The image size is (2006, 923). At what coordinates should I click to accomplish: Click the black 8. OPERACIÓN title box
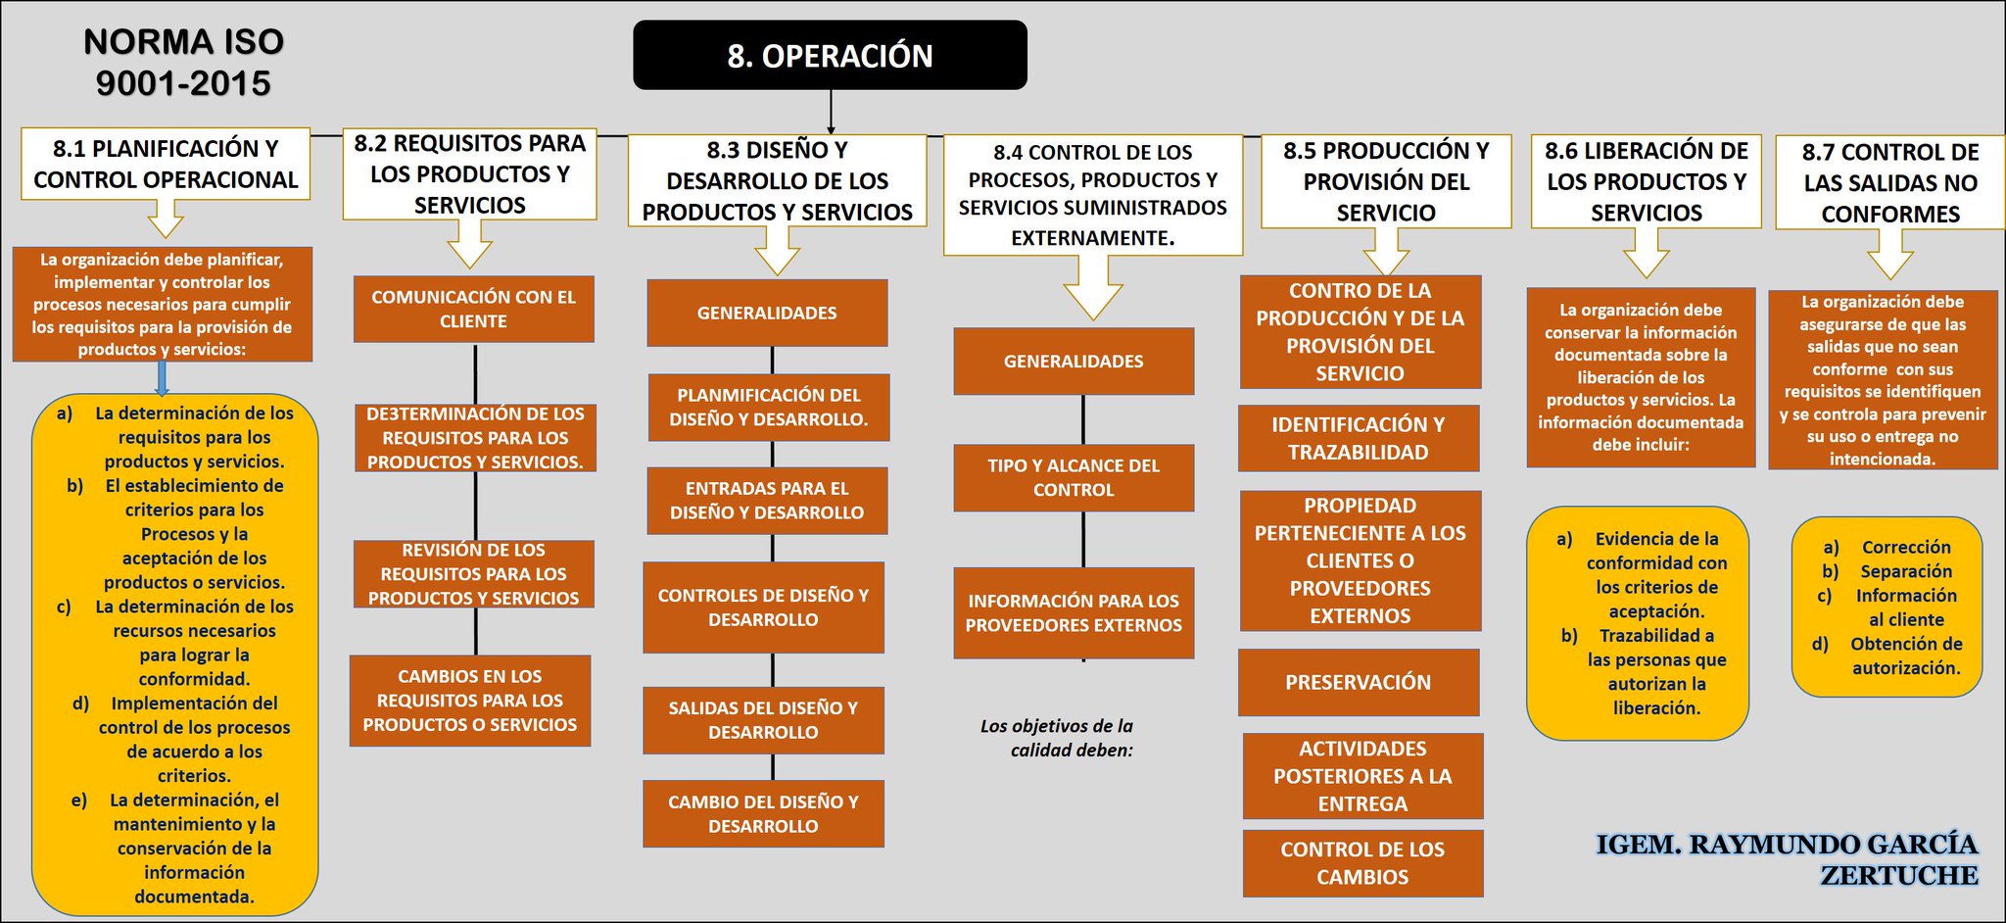(x=830, y=56)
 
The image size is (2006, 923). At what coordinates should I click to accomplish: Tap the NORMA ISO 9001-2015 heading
(x=183, y=63)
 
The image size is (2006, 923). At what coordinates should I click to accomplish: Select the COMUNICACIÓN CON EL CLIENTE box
(x=473, y=309)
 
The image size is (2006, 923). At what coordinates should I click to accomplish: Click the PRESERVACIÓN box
(x=1358, y=682)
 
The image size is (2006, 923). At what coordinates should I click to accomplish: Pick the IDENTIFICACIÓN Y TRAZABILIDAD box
(x=1358, y=438)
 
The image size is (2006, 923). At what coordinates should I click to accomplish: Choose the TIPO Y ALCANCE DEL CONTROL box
(x=1074, y=478)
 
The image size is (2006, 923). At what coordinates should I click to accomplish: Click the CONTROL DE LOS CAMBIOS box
(x=1362, y=863)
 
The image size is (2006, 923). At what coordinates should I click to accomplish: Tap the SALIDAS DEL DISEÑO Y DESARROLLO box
(x=763, y=720)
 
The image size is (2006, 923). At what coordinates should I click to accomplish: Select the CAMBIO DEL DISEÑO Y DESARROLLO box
(x=763, y=813)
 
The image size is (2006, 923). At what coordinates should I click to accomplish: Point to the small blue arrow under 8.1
(x=163, y=379)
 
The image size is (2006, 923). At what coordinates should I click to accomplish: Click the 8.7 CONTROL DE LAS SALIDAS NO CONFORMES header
(x=1889, y=183)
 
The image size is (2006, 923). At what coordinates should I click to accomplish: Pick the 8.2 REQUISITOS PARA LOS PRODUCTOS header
(x=469, y=174)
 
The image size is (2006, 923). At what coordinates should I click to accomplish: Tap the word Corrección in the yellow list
(x=1905, y=548)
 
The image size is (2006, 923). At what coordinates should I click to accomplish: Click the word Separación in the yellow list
(x=1905, y=571)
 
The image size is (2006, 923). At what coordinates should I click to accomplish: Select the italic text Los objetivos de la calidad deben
(x=1058, y=738)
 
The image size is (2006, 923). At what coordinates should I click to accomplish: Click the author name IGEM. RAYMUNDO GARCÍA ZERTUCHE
(x=1787, y=859)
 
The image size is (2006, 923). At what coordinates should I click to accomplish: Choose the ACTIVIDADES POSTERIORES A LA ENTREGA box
(x=1362, y=776)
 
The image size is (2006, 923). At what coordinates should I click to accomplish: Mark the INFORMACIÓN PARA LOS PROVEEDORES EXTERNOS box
(x=1074, y=613)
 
